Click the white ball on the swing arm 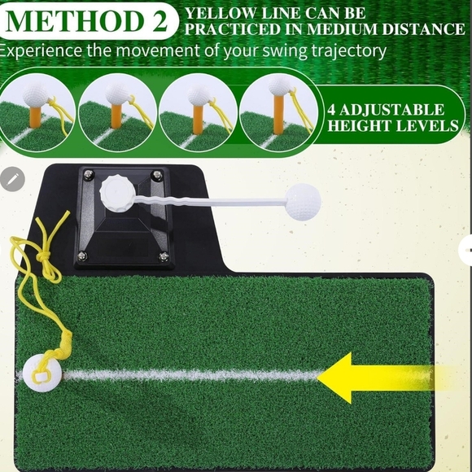pyautogui.click(x=304, y=201)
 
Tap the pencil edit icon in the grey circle pyautogui.click(x=12, y=180)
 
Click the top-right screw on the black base pyautogui.click(x=158, y=175)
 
